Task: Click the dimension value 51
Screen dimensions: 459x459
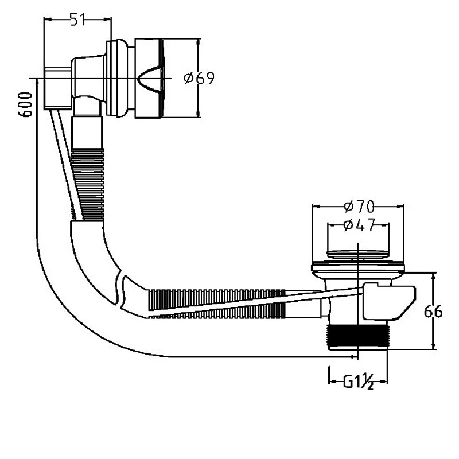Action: [x=77, y=20]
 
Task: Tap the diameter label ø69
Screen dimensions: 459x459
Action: [x=199, y=78]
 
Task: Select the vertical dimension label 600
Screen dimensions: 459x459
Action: [x=25, y=105]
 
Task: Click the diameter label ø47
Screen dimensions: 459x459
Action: [x=358, y=225]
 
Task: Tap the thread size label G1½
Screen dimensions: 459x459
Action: [x=359, y=382]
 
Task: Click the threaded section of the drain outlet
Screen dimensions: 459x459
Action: [x=357, y=335]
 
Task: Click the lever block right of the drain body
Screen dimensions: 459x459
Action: [x=387, y=301]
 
